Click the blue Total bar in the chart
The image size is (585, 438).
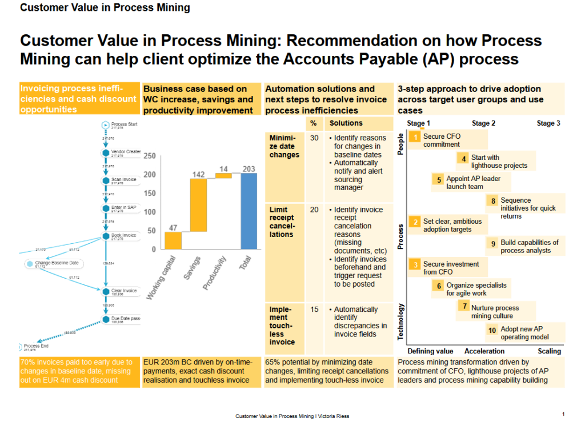[x=249, y=211]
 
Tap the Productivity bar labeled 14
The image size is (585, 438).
[x=223, y=176]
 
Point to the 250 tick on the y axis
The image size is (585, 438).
[x=150, y=156]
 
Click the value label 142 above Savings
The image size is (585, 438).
[x=198, y=174]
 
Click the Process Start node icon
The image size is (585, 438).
[x=105, y=125]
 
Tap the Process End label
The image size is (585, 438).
[x=35, y=346]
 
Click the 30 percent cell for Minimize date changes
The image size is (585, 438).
[x=314, y=138]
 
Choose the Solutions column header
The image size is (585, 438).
[x=346, y=123]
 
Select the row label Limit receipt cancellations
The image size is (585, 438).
[x=282, y=222]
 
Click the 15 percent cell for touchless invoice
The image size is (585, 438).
[x=314, y=310]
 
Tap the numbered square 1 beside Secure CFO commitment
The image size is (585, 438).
[x=416, y=137]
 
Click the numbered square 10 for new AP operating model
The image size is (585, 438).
[x=492, y=330]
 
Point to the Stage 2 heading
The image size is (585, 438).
[x=483, y=123]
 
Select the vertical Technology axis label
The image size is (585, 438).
[x=401, y=322]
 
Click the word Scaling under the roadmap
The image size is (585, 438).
[x=549, y=351]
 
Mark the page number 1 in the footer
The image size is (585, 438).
[x=563, y=414]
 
